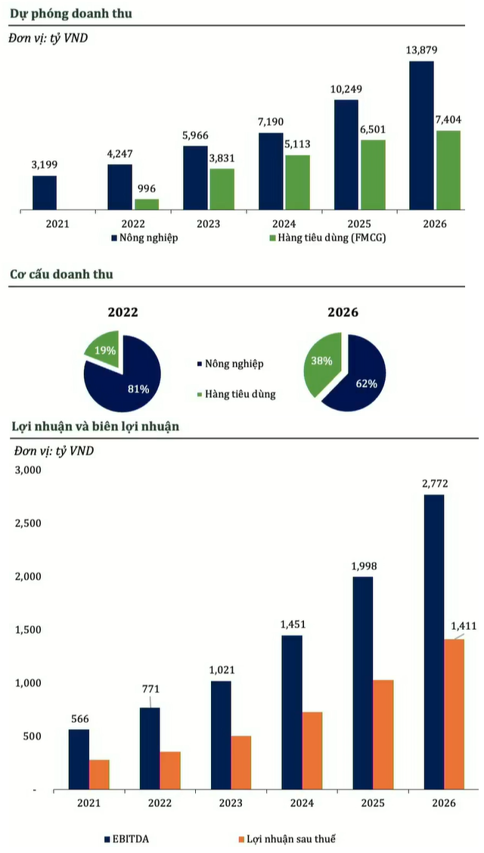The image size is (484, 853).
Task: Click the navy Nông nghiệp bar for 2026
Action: pos(421,135)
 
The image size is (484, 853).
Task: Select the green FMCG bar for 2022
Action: pos(147,204)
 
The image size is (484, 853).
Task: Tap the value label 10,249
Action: pos(346,89)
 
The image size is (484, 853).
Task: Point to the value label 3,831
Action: pos(222,158)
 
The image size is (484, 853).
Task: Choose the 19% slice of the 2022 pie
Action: pos(101,349)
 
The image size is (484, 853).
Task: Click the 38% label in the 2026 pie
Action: pos(321,361)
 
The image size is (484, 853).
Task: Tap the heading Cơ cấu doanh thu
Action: pos(61,274)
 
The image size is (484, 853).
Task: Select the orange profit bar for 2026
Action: pos(455,714)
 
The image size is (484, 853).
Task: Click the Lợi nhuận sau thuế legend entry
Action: pos(286,839)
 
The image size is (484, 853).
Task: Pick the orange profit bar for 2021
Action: pos(99,774)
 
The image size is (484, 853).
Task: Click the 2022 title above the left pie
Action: pos(123,312)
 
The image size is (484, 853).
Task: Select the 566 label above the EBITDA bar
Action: pos(79,718)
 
